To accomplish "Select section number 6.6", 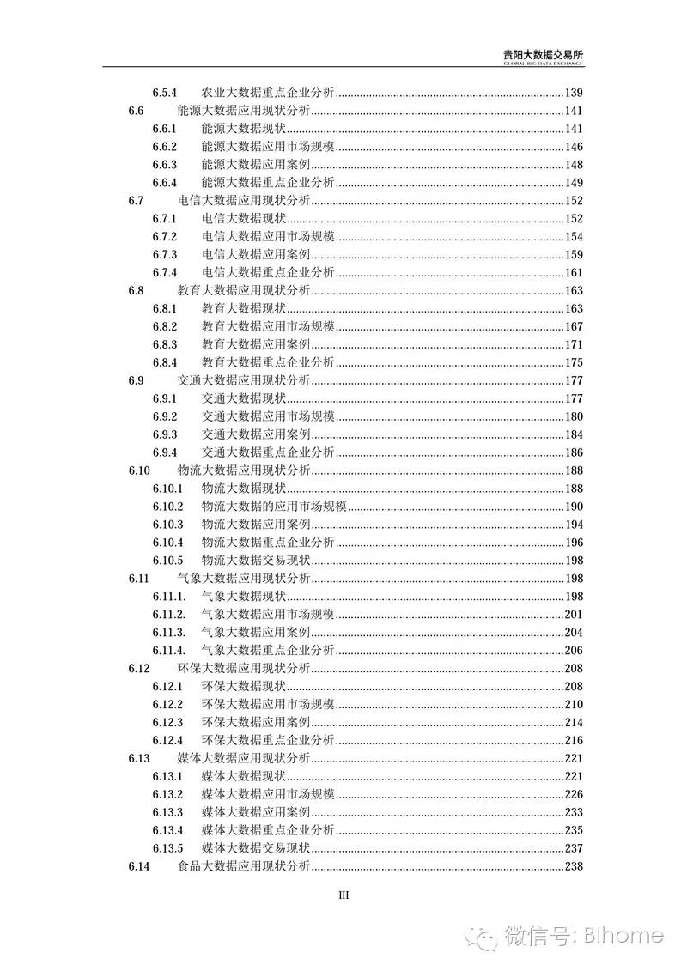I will [136, 110].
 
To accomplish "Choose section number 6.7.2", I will [165, 236].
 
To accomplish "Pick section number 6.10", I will [139, 470].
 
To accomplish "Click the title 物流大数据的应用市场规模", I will [273, 507].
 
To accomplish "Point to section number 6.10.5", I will [168, 561].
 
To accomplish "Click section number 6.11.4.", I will [169, 650].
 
